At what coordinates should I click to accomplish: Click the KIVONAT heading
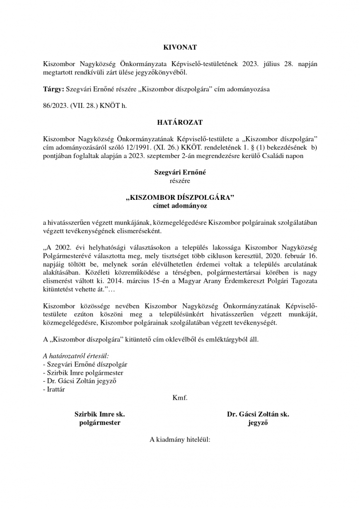coord(180,47)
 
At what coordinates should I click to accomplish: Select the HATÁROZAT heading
coord(180,121)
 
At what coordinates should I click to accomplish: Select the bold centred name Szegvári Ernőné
coord(180,172)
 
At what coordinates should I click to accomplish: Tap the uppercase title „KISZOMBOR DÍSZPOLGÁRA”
coord(180,197)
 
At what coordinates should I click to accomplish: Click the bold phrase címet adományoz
coord(180,205)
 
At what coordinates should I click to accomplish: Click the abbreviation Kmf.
coord(180,398)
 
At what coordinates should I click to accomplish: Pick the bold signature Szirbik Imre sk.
coord(99,414)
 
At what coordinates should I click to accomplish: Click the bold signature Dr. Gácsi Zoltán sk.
coord(258,414)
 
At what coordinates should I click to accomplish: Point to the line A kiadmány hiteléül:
coord(180,439)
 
